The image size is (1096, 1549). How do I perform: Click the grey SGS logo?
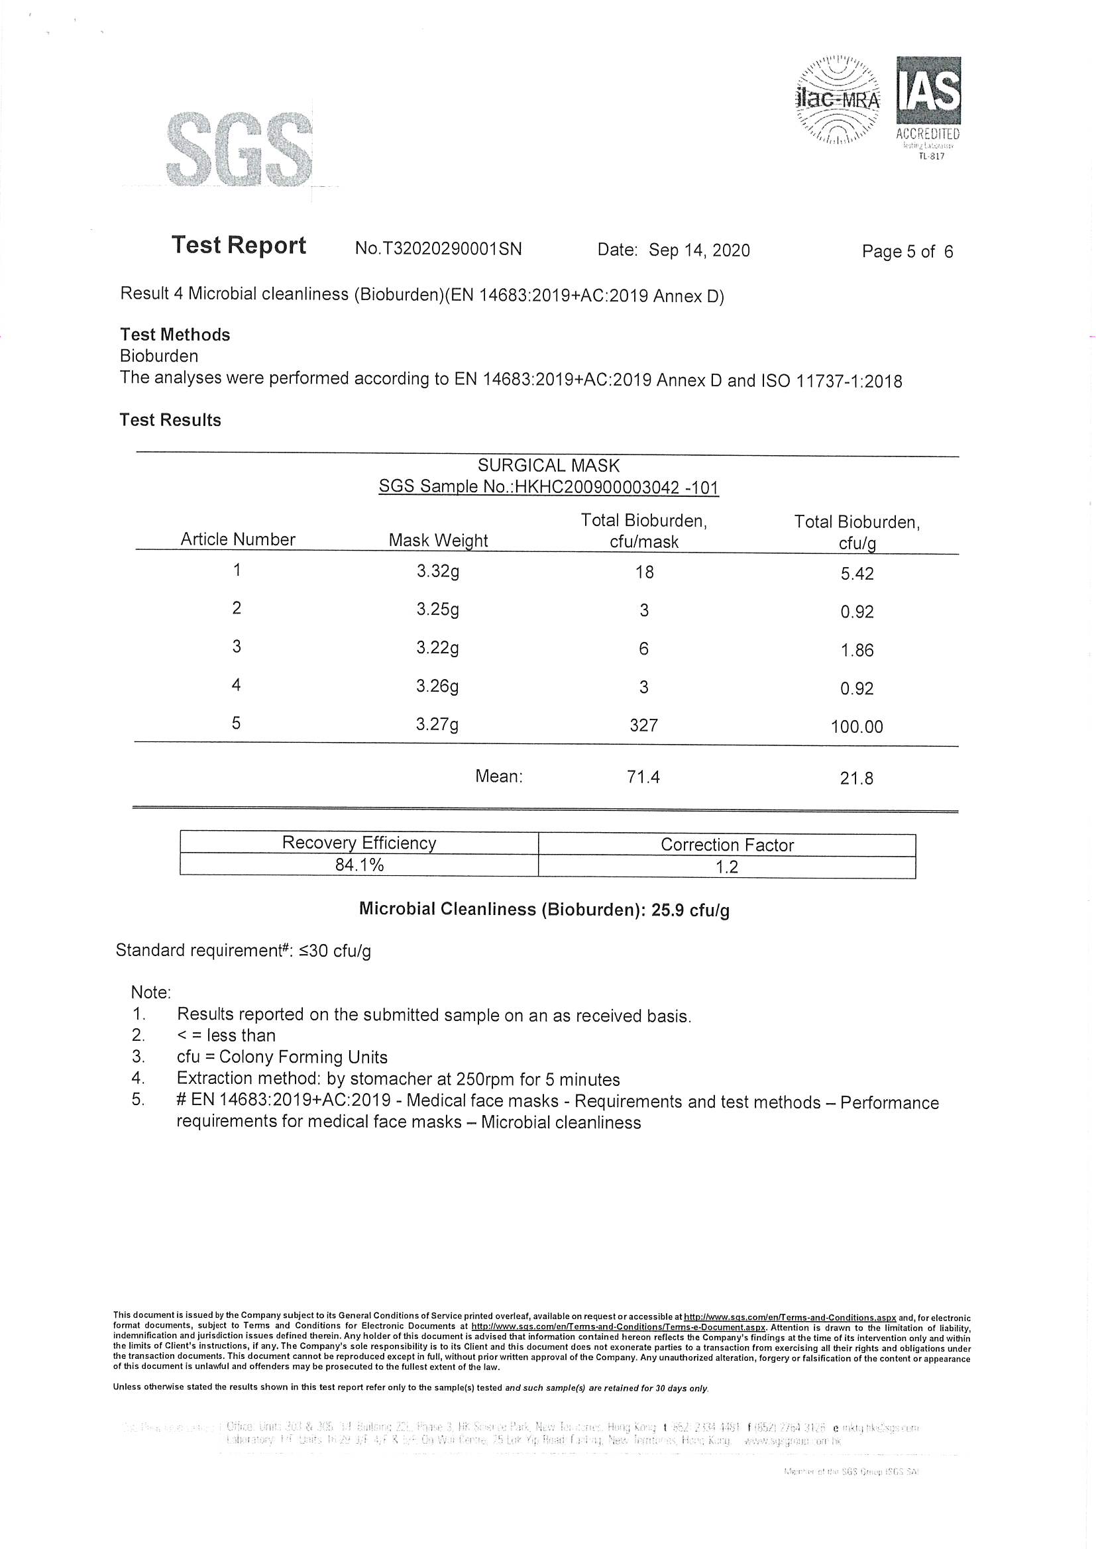[x=239, y=150]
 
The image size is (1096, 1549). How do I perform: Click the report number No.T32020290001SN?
[x=438, y=249]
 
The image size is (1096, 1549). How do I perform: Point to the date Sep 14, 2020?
[x=699, y=250]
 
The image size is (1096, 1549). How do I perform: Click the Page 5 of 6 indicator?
[x=907, y=252]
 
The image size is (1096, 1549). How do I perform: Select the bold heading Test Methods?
[x=175, y=335]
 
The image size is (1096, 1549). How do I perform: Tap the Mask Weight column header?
[x=438, y=541]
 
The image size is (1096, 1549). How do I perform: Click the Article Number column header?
[x=238, y=539]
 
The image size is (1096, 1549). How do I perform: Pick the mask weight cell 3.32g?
[x=438, y=571]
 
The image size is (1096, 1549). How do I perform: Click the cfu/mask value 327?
[x=644, y=725]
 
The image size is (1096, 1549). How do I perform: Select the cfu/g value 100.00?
[x=857, y=727]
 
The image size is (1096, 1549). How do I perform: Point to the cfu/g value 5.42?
[x=857, y=574]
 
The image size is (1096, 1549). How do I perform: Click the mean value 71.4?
[x=643, y=777]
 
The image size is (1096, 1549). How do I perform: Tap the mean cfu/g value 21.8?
[x=856, y=778]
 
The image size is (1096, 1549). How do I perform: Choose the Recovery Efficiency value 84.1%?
[x=359, y=865]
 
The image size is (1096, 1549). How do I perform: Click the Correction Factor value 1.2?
[x=727, y=867]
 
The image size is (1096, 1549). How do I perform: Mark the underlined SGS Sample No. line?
[x=548, y=487]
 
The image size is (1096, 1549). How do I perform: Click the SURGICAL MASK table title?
[x=548, y=466]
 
